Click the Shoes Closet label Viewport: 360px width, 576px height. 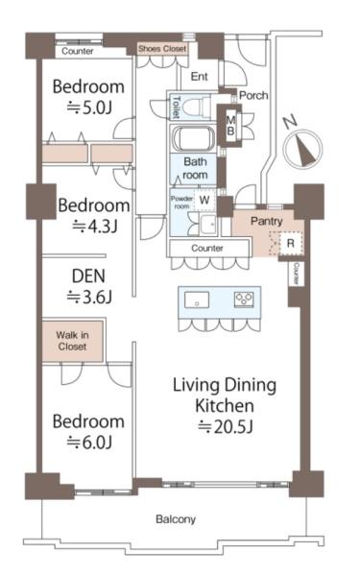point(162,49)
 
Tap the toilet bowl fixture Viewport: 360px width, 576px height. point(196,107)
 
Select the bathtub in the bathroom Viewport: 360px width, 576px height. point(194,139)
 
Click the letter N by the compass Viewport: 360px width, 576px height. point(290,122)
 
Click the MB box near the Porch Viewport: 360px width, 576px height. point(230,125)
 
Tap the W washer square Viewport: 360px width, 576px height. point(204,201)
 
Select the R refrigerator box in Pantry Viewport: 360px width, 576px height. point(290,243)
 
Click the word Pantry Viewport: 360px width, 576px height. point(266,221)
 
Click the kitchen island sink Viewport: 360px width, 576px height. point(197,300)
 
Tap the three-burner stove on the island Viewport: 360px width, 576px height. point(244,299)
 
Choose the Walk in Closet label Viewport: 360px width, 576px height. point(72,341)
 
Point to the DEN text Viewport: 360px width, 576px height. point(88,276)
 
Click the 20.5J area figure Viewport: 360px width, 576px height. point(225,426)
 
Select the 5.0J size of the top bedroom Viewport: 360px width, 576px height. point(89,108)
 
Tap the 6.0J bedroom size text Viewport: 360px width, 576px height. point(89,443)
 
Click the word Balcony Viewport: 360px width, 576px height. point(176,519)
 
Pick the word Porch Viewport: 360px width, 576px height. point(253,95)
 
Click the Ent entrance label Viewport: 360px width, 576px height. point(200,77)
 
